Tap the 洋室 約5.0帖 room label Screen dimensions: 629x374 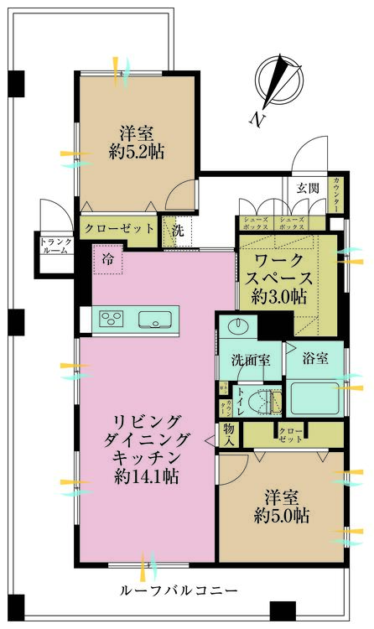(x=281, y=506)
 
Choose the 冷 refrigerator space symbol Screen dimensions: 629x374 (x=107, y=260)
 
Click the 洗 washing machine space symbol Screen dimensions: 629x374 (x=178, y=229)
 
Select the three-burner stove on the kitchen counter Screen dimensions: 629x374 (x=112, y=319)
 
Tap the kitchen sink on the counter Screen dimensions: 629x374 (x=154, y=319)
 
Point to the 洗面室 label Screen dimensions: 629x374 (x=250, y=361)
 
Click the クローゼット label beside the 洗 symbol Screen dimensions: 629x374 (x=118, y=228)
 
